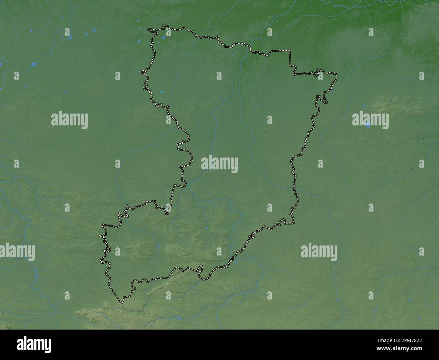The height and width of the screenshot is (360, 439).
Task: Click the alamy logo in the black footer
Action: click(34, 345)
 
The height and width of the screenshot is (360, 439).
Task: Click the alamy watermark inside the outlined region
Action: click(219, 164)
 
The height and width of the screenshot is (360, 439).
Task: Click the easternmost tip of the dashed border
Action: click(337, 74)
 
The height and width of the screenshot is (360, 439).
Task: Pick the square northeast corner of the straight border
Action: click(290, 51)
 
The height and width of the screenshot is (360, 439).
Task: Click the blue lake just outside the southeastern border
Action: click(236, 261)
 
